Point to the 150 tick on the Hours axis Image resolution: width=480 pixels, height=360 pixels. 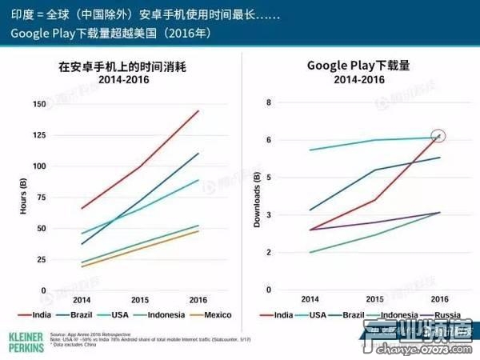[x=38, y=104]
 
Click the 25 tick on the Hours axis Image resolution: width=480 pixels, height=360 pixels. [x=40, y=260]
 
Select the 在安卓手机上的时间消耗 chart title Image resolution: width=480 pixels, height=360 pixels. [x=138, y=67]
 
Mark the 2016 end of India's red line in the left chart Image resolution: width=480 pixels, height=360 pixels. [x=198, y=111]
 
